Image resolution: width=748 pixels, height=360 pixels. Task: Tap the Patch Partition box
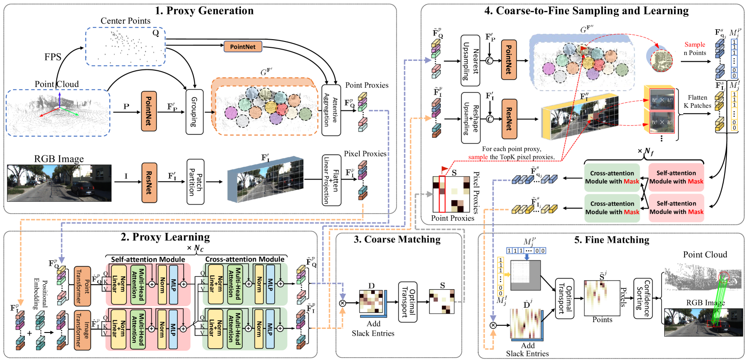tap(195, 182)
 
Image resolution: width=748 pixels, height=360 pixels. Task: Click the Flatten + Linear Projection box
tap(331, 180)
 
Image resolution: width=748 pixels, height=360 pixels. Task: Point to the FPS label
tap(53, 57)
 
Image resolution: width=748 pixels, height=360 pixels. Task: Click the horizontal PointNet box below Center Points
tap(243, 46)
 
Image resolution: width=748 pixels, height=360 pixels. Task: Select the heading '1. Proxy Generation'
tap(204, 10)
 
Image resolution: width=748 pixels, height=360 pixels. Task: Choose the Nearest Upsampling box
tap(471, 60)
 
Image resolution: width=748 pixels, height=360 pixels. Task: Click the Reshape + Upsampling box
tap(471, 118)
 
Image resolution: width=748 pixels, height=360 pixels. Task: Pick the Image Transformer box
tap(82, 330)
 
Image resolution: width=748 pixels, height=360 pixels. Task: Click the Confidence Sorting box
tap(643, 298)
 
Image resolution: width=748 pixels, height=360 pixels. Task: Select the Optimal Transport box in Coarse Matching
tap(408, 302)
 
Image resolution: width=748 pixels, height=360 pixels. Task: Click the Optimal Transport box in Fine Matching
tap(565, 298)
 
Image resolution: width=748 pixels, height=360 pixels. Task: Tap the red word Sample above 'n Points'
tap(695, 45)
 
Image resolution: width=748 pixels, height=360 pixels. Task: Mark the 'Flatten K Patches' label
tap(697, 101)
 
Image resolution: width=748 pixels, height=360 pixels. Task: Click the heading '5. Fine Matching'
tap(612, 240)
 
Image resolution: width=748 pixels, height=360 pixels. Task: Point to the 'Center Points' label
tap(125, 21)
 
